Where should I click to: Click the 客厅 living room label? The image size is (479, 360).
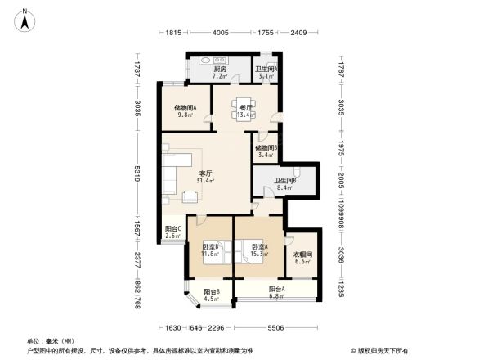click(x=205, y=173)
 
